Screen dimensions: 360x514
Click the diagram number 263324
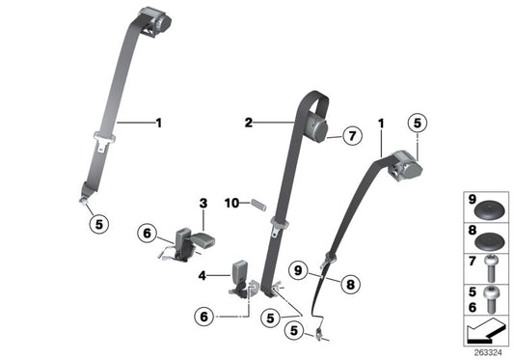coord(488,353)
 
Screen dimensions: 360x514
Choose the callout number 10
coord(230,202)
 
